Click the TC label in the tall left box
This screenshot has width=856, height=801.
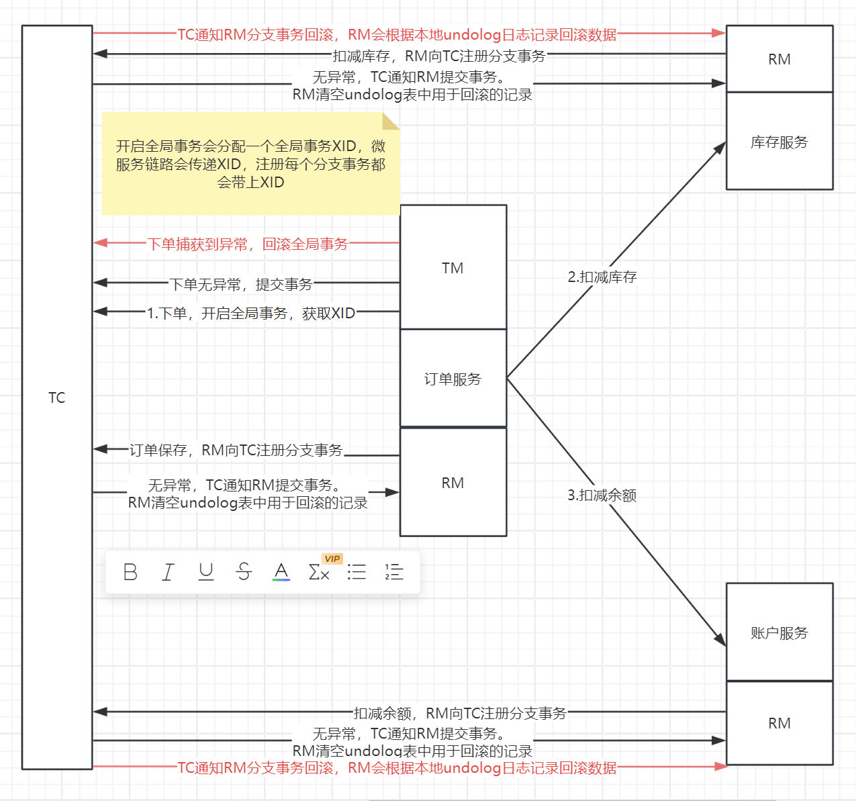[57, 397]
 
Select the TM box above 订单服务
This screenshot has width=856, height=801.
[453, 268]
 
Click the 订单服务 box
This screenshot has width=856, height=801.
[453, 379]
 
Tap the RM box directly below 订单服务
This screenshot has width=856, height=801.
[453, 483]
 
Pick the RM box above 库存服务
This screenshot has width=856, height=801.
[779, 59]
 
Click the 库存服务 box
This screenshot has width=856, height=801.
[779, 142]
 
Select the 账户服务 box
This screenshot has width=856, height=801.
[779, 632]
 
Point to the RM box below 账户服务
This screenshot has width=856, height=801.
[779, 723]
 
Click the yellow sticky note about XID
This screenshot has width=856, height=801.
[250, 164]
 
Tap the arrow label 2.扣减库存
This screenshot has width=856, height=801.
[602, 277]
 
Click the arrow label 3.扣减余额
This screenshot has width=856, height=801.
[602, 495]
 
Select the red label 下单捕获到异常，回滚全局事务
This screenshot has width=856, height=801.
[248, 244]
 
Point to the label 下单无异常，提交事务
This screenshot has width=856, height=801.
[241, 284]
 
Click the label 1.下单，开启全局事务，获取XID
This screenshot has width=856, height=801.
[251, 313]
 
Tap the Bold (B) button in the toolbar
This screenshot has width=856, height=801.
[130, 572]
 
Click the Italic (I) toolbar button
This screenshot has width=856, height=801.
[168, 572]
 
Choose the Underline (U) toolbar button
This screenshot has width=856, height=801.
[206, 572]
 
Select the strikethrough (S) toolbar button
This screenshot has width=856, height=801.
[244, 572]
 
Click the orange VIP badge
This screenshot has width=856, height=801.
[332, 559]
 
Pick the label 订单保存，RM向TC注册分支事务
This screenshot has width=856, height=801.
[236, 450]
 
